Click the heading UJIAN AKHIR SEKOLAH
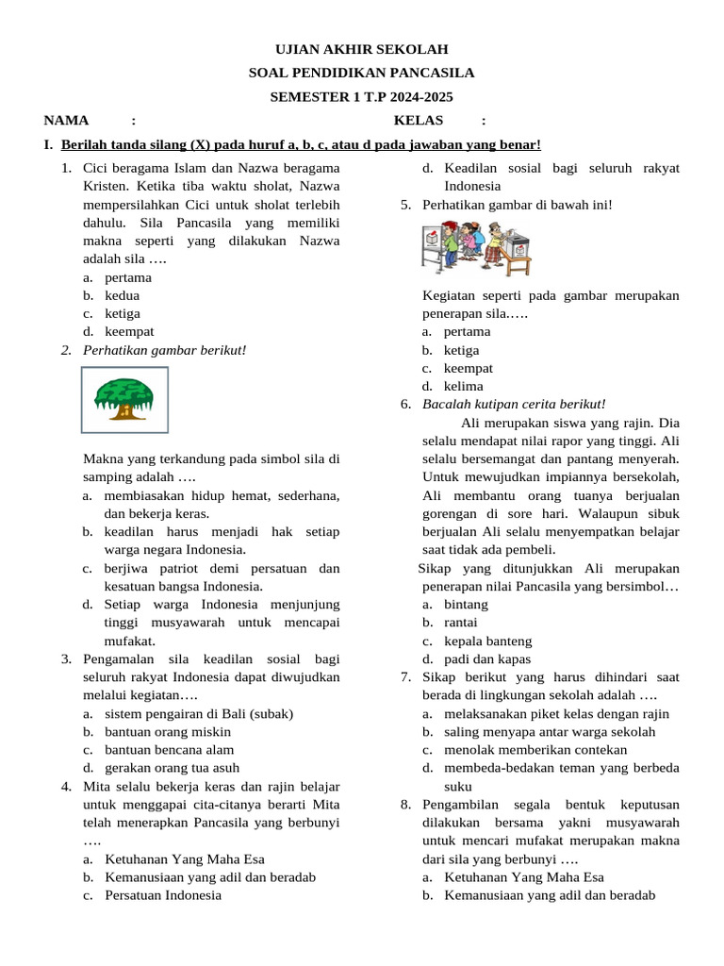click(361, 49)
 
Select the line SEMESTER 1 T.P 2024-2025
click(361, 96)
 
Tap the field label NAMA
click(66, 120)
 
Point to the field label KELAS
click(419, 120)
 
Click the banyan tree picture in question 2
click(131, 400)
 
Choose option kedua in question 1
click(123, 295)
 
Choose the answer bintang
click(466, 604)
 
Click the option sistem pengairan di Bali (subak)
click(199, 713)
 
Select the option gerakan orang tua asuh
click(172, 768)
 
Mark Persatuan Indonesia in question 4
click(163, 894)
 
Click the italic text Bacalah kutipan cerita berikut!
click(514, 405)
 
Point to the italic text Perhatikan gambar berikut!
click(165, 350)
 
